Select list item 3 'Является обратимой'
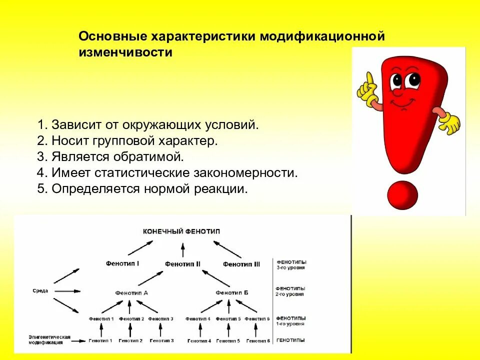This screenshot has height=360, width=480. [x=110, y=156]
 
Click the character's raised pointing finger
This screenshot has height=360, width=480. [x=368, y=80]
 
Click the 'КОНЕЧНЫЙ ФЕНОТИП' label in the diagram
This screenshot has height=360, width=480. [x=181, y=231]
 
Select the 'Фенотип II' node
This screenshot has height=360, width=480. [x=182, y=263]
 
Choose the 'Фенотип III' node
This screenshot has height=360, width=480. [x=241, y=264]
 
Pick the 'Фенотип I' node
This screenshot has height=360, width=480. [x=122, y=262]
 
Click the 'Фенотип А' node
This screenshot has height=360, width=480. [x=131, y=292]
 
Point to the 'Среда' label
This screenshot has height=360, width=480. [x=40, y=291]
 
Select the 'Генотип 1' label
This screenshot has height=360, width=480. [x=101, y=340]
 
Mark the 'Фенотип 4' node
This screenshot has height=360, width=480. [x=198, y=318]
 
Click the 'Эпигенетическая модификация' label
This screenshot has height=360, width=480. [x=49, y=340]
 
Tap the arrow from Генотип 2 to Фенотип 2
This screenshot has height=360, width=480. [x=131, y=329]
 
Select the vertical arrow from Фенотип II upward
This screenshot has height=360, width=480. [x=182, y=250]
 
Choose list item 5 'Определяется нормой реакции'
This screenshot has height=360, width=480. [x=142, y=189]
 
